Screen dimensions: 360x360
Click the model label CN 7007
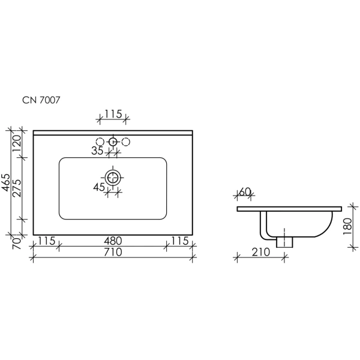(41, 100)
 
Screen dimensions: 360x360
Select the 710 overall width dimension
(113, 252)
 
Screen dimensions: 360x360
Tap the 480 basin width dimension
(113, 241)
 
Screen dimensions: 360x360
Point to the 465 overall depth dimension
(6, 182)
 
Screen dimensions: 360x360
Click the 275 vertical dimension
(17, 188)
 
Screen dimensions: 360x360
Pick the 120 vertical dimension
(17, 143)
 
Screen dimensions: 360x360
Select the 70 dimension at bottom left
(17, 244)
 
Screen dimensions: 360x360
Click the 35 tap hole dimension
(97, 151)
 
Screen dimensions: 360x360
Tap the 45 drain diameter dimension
(99, 187)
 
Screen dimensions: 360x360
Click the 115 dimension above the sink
(113, 114)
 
